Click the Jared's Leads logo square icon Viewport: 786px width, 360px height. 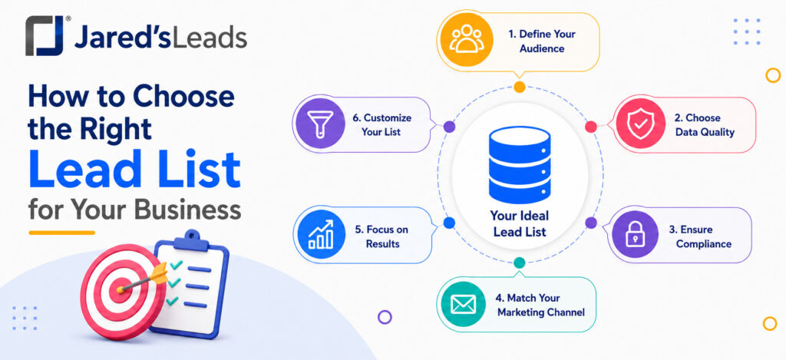click(45, 35)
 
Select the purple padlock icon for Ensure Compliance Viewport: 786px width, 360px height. click(635, 235)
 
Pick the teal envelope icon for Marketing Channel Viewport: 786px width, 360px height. click(463, 304)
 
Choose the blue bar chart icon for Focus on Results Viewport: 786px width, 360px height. click(321, 235)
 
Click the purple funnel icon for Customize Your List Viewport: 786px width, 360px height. click(320, 124)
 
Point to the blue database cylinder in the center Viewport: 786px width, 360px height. click(520, 164)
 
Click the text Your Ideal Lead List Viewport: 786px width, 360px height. click(520, 223)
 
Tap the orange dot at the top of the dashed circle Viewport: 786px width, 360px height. click(520, 87)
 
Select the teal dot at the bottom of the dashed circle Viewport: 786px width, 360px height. click(520, 263)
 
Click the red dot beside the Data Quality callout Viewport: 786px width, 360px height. click(591, 127)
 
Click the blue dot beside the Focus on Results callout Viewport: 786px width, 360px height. click(449, 223)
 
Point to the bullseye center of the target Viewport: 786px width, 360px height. click(120, 289)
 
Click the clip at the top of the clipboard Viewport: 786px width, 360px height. click(190, 241)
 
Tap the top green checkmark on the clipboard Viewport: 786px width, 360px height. click(176, 264)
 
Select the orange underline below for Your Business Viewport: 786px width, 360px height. click(61, 233)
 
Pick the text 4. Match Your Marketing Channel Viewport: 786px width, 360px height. click(541, 306)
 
